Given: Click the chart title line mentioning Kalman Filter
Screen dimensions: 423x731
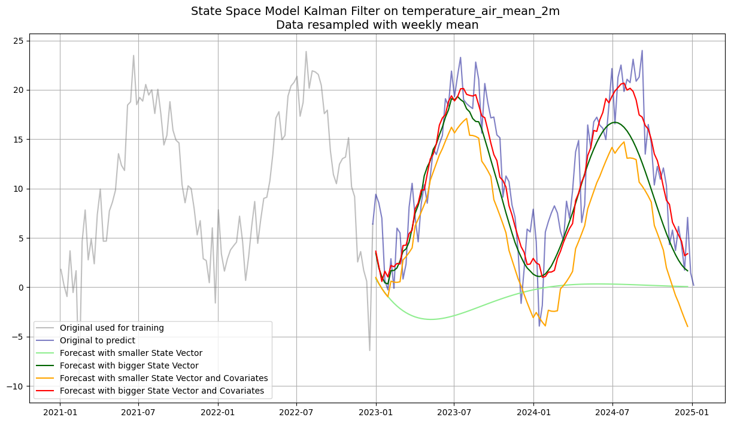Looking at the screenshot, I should tap(375, 11).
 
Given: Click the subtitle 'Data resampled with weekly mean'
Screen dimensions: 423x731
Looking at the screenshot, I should tap(377, 25).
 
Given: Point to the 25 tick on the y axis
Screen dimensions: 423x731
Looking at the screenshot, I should tap(19, 41).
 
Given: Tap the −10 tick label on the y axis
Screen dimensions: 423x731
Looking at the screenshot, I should tap(16, 386).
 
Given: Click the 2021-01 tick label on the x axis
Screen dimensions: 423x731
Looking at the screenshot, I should tap(60, 412).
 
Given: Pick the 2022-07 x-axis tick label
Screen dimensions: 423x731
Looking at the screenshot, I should tap(296, 412).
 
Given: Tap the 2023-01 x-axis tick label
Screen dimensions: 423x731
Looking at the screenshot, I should tap(375, 412).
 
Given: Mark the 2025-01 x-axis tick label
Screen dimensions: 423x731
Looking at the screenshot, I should tap(692, 412).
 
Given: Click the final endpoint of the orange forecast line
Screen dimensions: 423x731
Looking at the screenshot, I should tap(687, 327).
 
